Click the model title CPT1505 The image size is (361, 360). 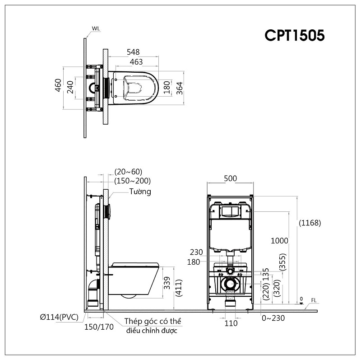point(295,36)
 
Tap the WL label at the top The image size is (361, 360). point(96,28)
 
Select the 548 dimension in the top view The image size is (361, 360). point(133,52)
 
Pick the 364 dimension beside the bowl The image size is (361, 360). point(179,87)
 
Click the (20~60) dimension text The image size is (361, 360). point(128,172)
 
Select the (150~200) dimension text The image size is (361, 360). point(132,181)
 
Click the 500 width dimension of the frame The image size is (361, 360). point(230,178)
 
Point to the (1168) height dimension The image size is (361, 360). point(310,222)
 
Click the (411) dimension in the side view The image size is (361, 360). point(179,287)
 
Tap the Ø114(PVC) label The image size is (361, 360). point(59,317)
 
